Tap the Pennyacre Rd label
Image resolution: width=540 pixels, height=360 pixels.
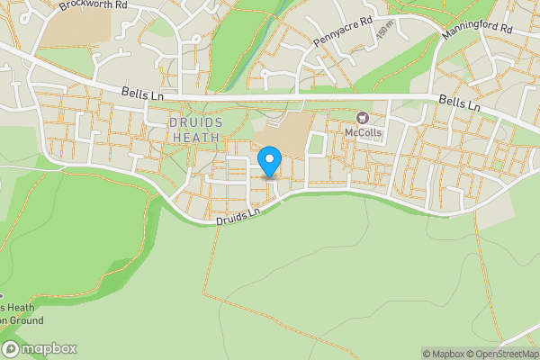[343, 31]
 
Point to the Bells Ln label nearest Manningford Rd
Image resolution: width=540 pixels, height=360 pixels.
[458, 103]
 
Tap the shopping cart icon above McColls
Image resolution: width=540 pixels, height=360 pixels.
[364, 118]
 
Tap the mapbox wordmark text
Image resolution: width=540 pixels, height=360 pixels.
[49, 349]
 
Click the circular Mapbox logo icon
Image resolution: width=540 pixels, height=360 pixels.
[11, 349]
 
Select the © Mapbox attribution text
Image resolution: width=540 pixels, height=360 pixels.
[444, 354]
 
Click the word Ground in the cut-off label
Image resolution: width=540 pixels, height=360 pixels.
[25, 320]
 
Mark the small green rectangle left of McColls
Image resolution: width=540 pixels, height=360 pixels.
[316, 145]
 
